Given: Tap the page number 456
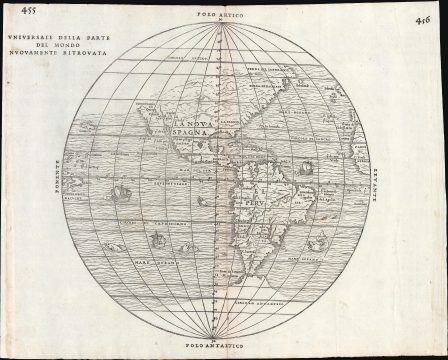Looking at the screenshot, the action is point(424,19).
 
